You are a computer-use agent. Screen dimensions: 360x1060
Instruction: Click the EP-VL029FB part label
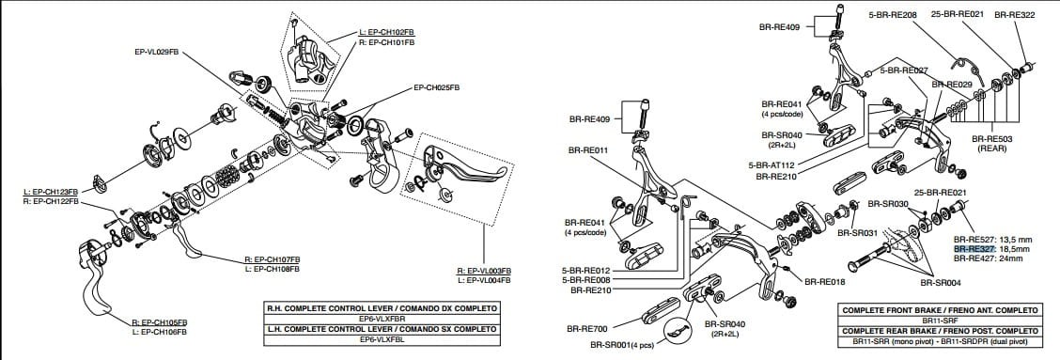click(x=156, y=51)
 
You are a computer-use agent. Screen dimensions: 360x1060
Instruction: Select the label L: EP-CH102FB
click(x=386, y=32)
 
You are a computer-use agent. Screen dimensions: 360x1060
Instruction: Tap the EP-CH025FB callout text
click(x=436, y=87)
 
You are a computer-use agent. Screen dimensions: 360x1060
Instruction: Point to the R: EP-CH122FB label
click(x=51, y=201)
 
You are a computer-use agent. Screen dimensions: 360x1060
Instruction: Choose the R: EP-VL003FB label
click(x=483, y=271)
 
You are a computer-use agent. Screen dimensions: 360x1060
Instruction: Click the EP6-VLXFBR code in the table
click(x=382, y=319)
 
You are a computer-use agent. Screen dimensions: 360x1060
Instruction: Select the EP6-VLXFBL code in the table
click(x=382, y=338)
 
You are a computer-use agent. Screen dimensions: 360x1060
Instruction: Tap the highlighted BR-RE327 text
click(x=974, y=249)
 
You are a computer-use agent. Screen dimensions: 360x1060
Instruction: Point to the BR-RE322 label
click(x=1014, y=15)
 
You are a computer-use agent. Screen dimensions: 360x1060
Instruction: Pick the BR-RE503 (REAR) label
click(x=991, y=142)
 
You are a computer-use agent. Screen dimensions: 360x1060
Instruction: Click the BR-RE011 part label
click(x=589, y=149)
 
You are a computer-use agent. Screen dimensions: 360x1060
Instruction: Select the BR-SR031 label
click(x=856, y=232)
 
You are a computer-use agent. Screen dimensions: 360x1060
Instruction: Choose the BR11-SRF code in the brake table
click(x=939, y=321)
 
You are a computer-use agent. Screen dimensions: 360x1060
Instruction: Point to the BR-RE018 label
click(x=825, y=281)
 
